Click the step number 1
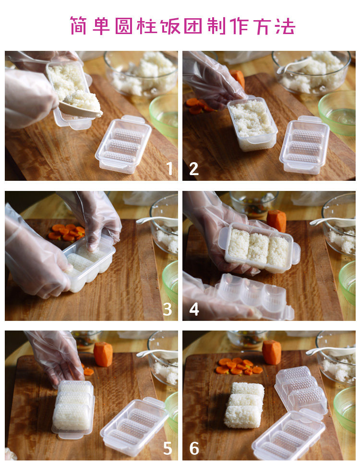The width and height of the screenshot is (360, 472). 169,168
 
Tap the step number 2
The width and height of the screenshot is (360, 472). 194,168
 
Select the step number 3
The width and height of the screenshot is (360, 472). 167,308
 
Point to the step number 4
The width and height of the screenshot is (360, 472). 194,309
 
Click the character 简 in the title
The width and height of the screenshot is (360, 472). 78,26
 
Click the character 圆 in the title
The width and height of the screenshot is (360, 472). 123,26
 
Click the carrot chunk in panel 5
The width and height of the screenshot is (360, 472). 103,354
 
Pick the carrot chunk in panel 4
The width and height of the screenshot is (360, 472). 276,221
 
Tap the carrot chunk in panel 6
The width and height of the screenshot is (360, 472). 271,352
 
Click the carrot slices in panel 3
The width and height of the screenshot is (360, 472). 67,232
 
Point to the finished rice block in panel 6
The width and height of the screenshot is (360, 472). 244,404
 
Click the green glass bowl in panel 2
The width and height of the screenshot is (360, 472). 337,112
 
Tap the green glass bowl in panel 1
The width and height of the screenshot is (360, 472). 164,116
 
